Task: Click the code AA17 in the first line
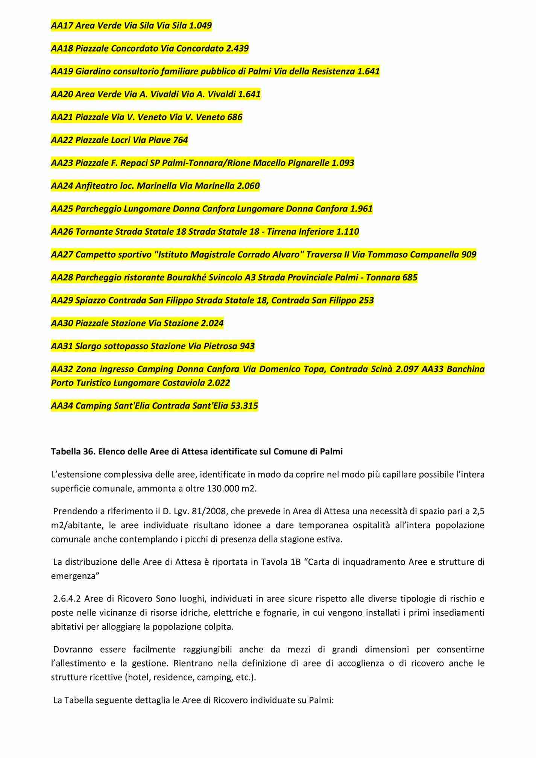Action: (62, 26)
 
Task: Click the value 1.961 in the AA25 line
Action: (361, 209)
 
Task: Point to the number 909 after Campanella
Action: (469, 255)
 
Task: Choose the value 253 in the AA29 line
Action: (366, 301)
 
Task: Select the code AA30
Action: (62, 324)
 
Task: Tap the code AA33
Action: (433, 369)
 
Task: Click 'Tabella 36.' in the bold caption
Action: (73, 452)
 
